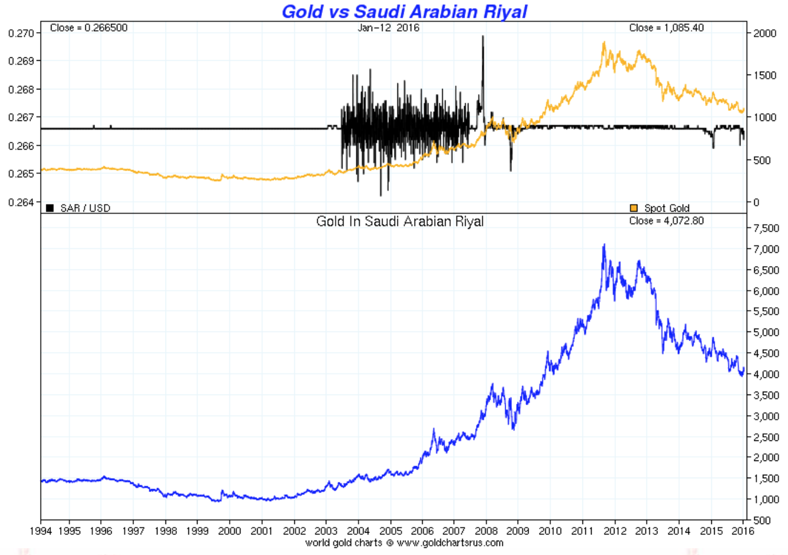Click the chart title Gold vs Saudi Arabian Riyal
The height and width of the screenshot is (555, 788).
[x=404, y=11]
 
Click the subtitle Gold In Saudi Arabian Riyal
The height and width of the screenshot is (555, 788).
[x=400, y=221]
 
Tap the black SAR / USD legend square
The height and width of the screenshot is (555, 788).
[x=50, y=208]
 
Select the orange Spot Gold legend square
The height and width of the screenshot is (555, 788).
[x=633, y=208]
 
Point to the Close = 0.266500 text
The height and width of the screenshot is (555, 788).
[x=89, y=28]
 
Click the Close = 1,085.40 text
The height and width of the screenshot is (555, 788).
[x=666, y=28]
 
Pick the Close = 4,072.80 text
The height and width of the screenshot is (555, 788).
[x=666, y=221]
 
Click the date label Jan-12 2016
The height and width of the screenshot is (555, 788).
[x=388, y=28]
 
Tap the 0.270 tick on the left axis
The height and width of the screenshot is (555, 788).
[x=21, y=33]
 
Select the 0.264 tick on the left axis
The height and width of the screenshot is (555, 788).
[x=21, y=202]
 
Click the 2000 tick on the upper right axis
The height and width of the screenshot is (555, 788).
[x=765, y=33]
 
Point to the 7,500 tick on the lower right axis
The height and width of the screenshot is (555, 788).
[x=766, y=228]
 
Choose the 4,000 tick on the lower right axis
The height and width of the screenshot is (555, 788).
[x=766, y=374]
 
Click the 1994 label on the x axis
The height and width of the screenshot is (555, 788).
[x=41, y=531]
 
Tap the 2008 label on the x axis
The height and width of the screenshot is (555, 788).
[x=486, y=531]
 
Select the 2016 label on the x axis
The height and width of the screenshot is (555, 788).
[x=743, y=531]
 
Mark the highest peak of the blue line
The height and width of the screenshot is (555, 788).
[x=604, y=245]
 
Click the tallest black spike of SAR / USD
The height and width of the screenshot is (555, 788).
[x=483, y=37]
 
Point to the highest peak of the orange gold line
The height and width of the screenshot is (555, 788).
[x=604, y=43]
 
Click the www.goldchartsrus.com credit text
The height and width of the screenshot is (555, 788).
[x=450, y=542]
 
